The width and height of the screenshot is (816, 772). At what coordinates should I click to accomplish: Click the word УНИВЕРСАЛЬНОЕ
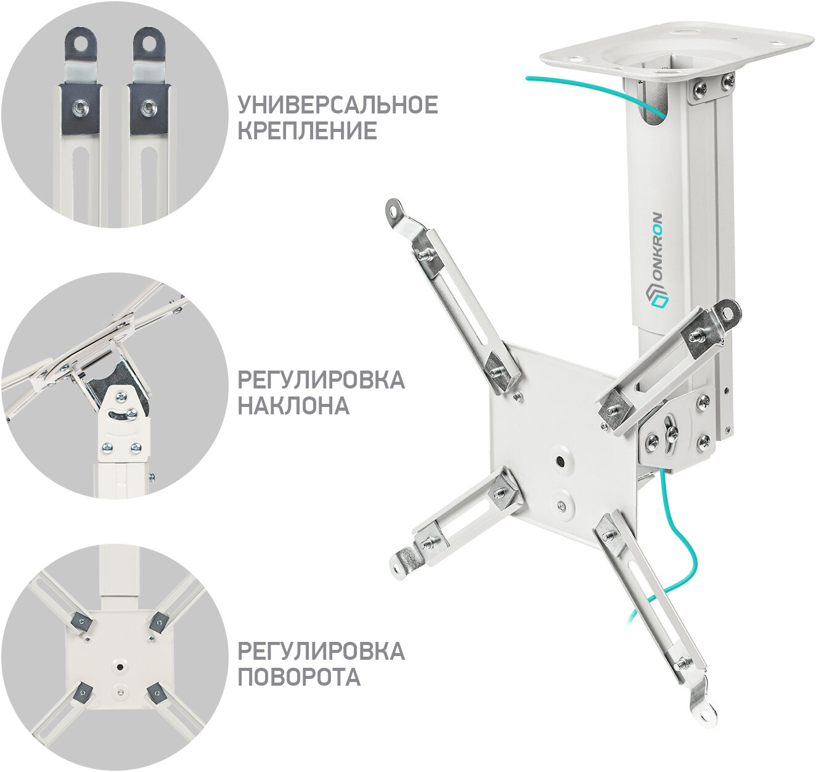[338, 105]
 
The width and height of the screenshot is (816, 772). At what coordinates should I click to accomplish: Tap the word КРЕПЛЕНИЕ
[308, 131]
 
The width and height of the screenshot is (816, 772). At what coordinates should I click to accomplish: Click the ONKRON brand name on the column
[658, 248]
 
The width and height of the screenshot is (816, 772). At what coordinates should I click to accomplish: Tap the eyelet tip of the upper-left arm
[394, 207]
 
